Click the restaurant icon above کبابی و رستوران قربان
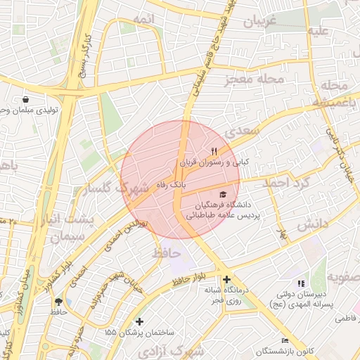point(214,151)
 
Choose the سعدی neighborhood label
point(241,131)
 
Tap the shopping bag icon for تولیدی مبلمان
point(26,100)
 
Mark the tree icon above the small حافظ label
point(58,301)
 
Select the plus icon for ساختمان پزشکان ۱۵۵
point(140,321)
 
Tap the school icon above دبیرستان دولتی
point(302,283)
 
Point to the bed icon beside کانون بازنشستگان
point(285,340)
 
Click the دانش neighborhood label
point(312,225)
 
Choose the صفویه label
point(342,278)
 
